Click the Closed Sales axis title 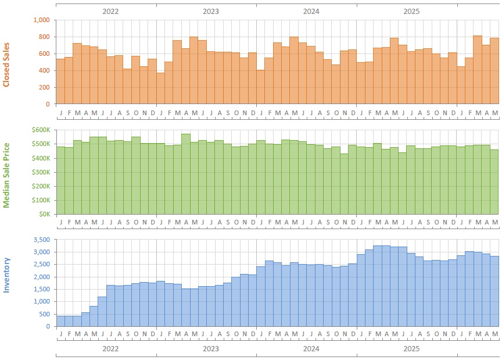pos(6,65)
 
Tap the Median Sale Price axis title pos(6,176)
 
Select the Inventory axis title pos(6,275)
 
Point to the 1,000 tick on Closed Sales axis pos(42,20)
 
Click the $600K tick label pos(41,130)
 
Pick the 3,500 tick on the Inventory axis pos(42,240)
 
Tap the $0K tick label pos(45,214)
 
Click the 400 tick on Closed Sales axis pos(45,70)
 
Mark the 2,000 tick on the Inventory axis pos(42,277)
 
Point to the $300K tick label pos(41,172)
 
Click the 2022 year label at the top pos(110,12)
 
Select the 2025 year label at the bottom pos(411,348)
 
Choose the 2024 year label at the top pos(311,12)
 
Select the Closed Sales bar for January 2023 pos(161,88)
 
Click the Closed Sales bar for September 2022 pos(127,86)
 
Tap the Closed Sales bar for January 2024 pos(261,87)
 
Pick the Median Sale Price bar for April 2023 pos(186,174)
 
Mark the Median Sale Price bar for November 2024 pos(344,184)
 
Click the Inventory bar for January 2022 pos(60,321)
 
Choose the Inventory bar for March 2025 pos(378,286)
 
